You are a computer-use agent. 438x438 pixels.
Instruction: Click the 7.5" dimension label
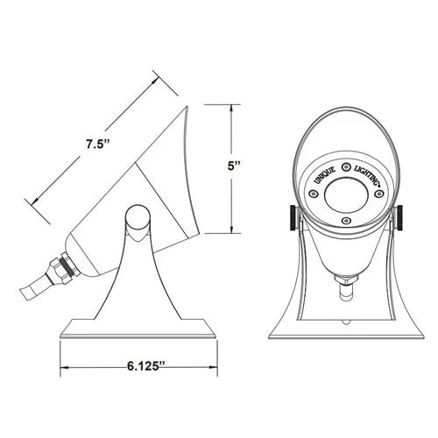(98, 145)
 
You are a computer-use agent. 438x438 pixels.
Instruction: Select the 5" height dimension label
(233, 166)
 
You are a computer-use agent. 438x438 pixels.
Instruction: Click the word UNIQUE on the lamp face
(325, 176)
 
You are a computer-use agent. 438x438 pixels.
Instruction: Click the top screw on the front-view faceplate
(346, 167)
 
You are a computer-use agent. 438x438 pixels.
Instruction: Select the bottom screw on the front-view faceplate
(346, 220)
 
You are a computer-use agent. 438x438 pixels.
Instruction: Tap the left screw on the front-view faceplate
(313, 194)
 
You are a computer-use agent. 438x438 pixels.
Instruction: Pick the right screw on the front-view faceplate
(379, 194)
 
